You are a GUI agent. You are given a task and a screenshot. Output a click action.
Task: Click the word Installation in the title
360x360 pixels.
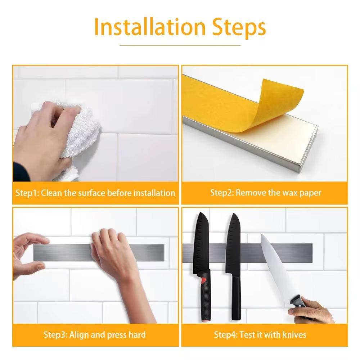(x=150, y=27)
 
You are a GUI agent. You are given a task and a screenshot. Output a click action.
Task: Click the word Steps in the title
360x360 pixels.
(x=239, y=28)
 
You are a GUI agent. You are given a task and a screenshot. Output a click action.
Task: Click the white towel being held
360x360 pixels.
(x=78, y=135)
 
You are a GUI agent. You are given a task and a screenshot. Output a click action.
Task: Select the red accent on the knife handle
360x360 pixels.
(x=203, y=280)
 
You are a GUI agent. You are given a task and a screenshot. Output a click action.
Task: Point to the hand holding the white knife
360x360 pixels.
(x=312, y=310)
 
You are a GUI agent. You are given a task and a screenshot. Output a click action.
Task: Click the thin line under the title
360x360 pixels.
(x=180, y=45)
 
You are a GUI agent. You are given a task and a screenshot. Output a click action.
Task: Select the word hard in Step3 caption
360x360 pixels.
(x=137, y=334)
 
